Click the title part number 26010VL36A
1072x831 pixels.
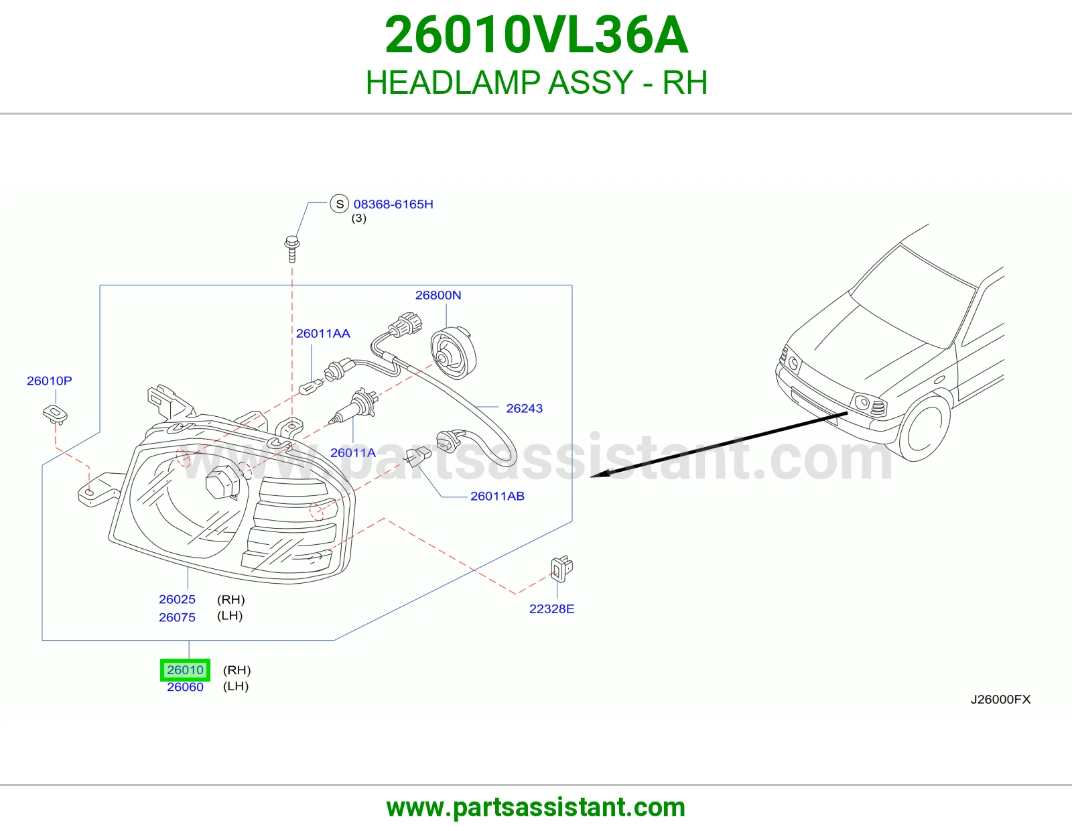tap(536, 36)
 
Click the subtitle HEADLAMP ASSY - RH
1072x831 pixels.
tap(536, 82)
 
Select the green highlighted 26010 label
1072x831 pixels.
tap(185, 669)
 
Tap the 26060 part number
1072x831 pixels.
tap(185, 687)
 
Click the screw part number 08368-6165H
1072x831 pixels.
tap(393, 204)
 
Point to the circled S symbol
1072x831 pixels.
tap(340, 204)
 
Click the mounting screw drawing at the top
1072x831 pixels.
tap(292, 249)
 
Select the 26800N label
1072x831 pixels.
tap(438, 295)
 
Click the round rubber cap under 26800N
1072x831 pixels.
tap(454, 353)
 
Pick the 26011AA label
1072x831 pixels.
tap(323, 334)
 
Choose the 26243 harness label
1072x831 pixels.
tap(525, 408)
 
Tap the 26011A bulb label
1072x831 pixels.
tap(352, 452)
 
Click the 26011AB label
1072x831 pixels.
tap(497, 496)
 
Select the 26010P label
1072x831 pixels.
tap(50, 381)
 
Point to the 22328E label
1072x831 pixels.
tap(551, 609)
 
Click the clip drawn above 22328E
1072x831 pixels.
tap(561, 569)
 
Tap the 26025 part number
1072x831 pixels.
tap(177, 599)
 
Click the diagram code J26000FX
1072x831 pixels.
tap(1000, 699)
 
